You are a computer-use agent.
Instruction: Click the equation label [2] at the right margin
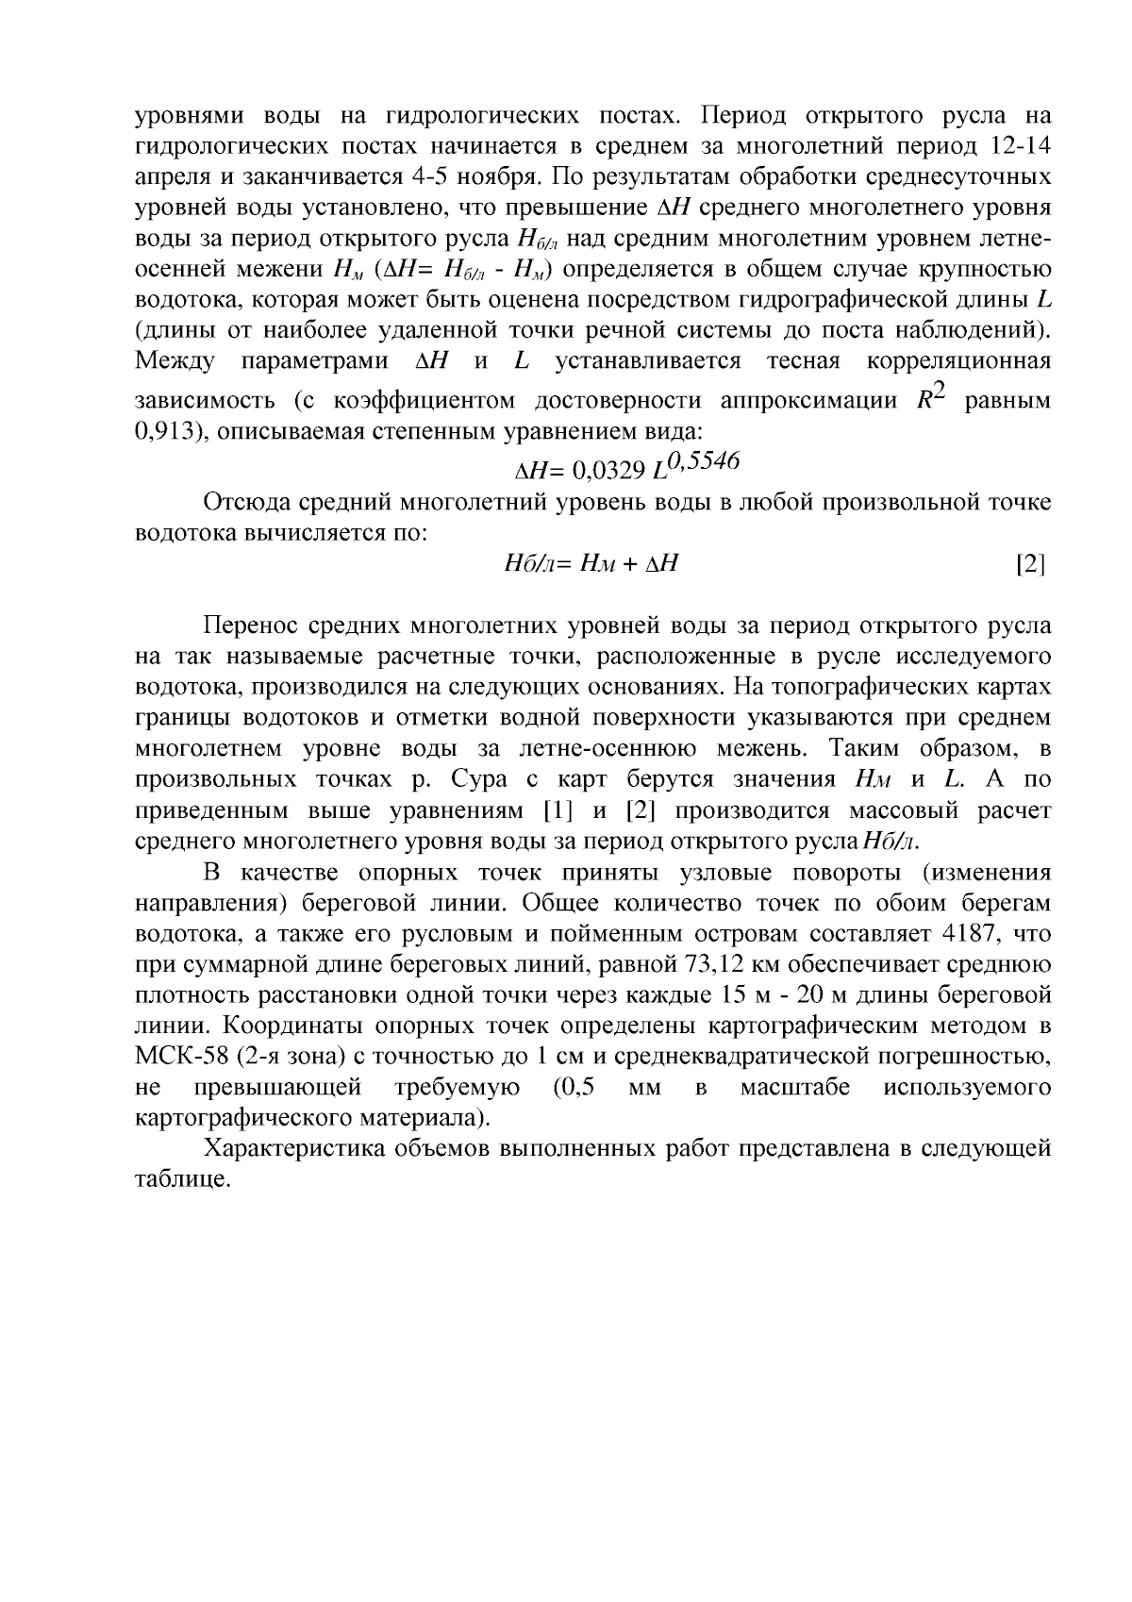click(1030, 565)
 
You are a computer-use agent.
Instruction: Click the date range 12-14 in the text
click(1023, 146)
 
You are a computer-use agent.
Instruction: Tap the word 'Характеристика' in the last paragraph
click(301, 1149)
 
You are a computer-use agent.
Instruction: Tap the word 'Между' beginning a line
click(175, 361)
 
